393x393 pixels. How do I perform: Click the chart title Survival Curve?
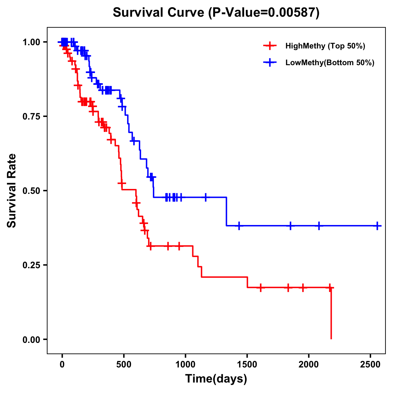(x=216, y=12)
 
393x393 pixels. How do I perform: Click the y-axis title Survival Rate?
(x=12, y=190)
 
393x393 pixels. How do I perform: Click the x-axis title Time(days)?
(x=216, y=379)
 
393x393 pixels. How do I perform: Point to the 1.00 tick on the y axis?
(x=31, y=42)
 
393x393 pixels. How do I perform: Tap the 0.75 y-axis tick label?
(x=31, y=117)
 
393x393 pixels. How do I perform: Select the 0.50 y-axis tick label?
(x=31, y=191)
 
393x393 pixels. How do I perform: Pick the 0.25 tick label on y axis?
(x=31, y=265)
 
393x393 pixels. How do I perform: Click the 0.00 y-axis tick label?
(x=31, y=339)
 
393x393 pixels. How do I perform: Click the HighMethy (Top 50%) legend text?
(x=325, y=46)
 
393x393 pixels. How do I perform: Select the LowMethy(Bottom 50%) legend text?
(x=330, y=63)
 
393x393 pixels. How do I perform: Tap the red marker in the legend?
(x=270, y=46)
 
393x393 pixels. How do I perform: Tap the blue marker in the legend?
(x=270, y=63)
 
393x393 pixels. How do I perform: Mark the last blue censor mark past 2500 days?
(x=378, y=226)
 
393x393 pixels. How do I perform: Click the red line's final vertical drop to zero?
(x=331, y=314)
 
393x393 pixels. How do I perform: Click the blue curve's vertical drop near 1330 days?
(x=226, y=212)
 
